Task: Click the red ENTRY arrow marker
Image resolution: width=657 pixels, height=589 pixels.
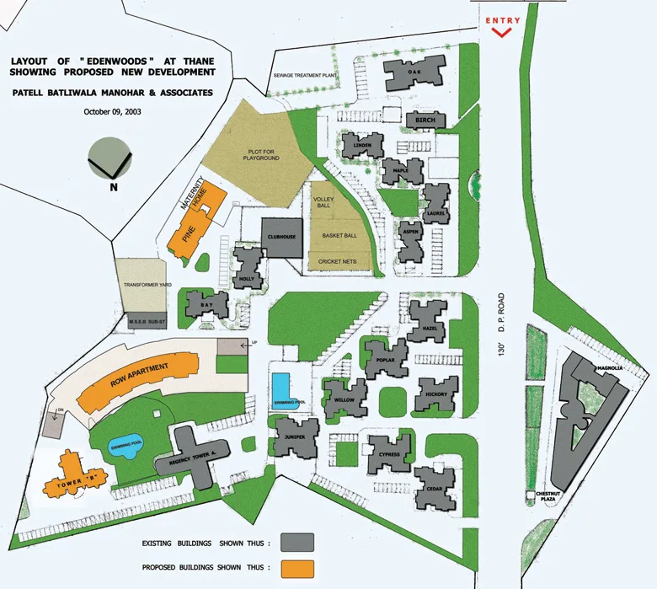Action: [502, 32]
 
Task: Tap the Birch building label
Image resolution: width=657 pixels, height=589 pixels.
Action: [425, 121]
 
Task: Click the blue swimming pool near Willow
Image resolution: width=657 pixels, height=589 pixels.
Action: [283, 391]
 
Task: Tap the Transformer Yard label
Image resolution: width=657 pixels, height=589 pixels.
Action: [147, 286]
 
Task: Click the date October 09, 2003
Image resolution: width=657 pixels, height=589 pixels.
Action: [111, 111]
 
